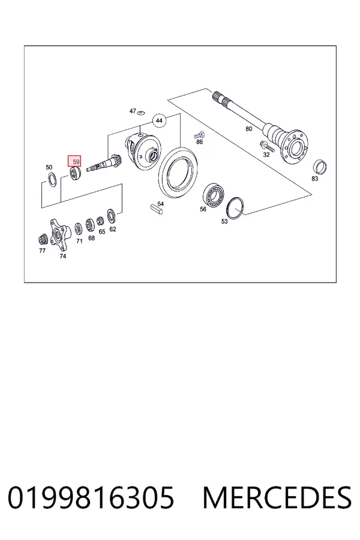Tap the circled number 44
coord(159,121)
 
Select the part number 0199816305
coord(91,497)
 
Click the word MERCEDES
coord(277,497)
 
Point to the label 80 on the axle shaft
coord(249,128)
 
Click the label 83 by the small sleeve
coord(314,178)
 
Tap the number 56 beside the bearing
coord(203,209)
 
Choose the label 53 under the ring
coord(224,221)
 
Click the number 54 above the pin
coord(161,203)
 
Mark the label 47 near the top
coord(133,111)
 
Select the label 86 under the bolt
coord(199,142)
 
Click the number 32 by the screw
coord(266,155)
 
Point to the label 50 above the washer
coord(49,167)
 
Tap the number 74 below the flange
coord(62,256)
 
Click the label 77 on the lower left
coord(42,250)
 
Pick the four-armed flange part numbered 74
coord(59,234)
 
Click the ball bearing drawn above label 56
coord(213,196)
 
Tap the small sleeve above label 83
coord(320,168)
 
